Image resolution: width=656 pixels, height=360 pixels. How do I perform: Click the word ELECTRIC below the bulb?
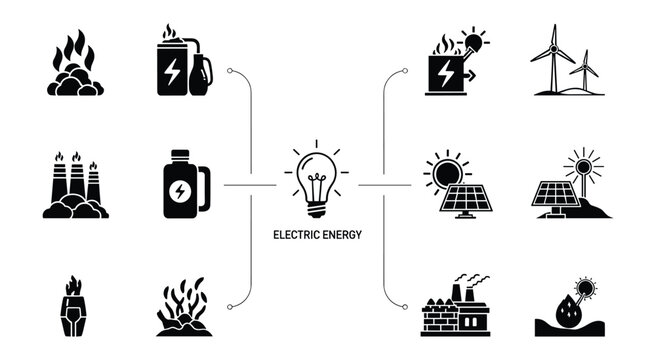click(x=295, y=237)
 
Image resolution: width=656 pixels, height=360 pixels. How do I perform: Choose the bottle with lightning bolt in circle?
click(x=182, y=185)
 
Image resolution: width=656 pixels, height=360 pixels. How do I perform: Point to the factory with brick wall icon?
click(x=454, y=306)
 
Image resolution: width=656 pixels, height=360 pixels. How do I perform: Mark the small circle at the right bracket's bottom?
click(x=404, y=306)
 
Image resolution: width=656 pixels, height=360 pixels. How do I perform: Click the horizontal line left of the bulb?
click(x=249, y=185)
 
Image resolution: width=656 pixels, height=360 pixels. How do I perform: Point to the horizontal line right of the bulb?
click(x=385, y=185)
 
